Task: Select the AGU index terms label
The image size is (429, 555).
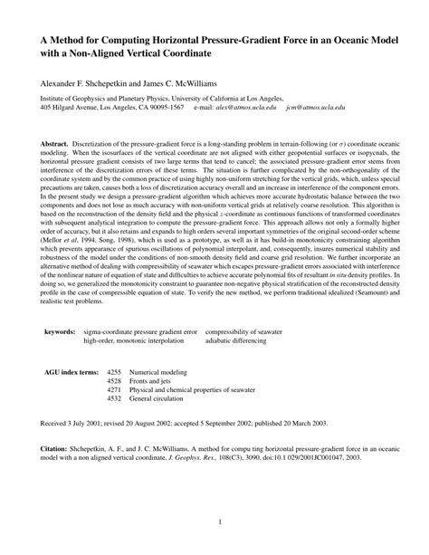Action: (71, 372)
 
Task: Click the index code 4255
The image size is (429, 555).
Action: (114, 372)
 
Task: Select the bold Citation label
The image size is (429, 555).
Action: (57, 448)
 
